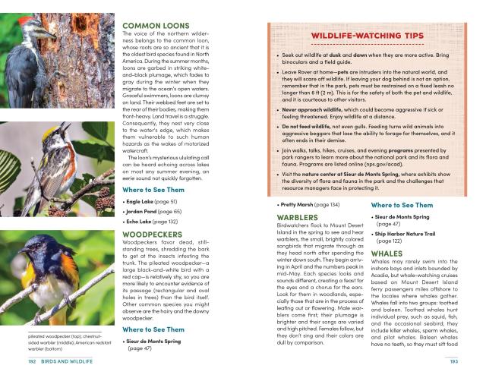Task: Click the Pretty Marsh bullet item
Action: (311, 205)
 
